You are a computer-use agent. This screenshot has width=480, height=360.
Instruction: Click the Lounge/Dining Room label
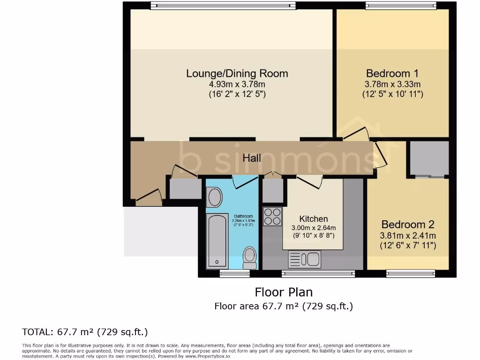[x=237, y=74]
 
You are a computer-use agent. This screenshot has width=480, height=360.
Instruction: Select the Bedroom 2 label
[x=407, y=225]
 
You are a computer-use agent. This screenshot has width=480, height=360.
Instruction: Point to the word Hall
[x=252, y=158]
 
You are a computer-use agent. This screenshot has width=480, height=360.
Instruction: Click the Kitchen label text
[x=314, y=219]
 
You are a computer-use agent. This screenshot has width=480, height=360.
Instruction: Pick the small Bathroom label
[x=243, y=217]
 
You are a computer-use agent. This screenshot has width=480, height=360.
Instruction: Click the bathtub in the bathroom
[x=217, y=241]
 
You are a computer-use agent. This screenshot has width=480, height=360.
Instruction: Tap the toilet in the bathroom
[x=249, y=256]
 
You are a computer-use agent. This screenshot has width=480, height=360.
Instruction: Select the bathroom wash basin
[x=215, y=197]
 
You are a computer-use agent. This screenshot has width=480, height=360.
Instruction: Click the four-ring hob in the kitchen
[x=272, y=216]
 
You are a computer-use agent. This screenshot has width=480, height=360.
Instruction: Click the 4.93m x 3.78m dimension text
[x=237, y=84]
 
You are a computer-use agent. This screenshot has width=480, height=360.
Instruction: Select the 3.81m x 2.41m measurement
[x=407, y=235]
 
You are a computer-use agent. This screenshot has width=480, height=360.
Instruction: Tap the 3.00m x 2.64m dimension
[x=314, y=228]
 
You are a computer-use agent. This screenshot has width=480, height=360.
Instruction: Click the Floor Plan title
[x=283, y=292]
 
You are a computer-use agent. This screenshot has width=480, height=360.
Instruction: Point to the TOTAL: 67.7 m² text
[x=85, y=332]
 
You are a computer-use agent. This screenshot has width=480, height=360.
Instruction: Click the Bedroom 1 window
[x=401, y=6]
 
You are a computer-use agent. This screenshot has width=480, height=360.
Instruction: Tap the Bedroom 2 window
[x=411, y=273]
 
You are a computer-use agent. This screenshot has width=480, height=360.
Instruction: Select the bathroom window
[x=234, y=273]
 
